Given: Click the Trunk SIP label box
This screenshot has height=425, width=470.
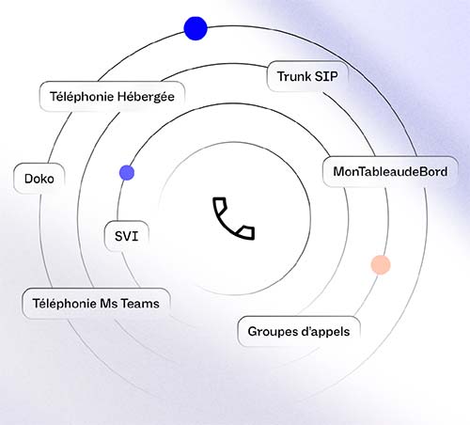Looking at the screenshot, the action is pyautogui.click(x=307, y=76).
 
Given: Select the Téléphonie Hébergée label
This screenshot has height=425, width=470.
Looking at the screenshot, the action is pyautogui.click(x=112, y=97).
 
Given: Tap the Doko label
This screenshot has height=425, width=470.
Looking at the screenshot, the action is pyautogui.click(x=39, y=179).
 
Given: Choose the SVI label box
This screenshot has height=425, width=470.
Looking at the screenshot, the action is pyautogui.click(x=127, y=236).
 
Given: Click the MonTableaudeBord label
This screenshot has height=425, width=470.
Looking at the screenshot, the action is pyautogui.click(x=390, y=172).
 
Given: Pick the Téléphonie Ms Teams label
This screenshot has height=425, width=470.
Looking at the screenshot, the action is pyautogui.click(x=96, y=304).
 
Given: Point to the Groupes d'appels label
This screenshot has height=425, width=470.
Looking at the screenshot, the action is pyautogui.click(x=299, y=332).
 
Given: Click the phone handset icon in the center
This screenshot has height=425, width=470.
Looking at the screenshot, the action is pyautogui.click(x=233, y=218).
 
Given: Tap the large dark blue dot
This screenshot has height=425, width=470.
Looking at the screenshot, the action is pyautogui.click(x=196, y=28).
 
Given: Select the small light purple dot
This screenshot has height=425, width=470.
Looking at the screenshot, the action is pyautogui.click(x=127, y=173).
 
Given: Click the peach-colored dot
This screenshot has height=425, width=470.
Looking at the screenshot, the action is pyautogui.click(x=381, y=265).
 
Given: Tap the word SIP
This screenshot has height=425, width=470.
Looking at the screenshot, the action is pyautogui.click(x=326, y=76).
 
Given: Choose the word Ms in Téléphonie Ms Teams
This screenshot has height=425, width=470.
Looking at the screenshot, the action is pyautogui.click(x=109, y=304).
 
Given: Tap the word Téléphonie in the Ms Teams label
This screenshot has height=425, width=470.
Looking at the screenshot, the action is pyautogui.click(x=65, y=304).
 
